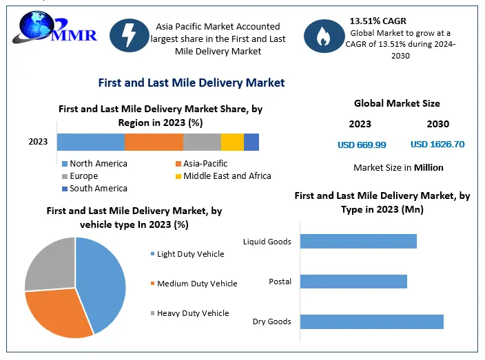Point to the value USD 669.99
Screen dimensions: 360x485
362,145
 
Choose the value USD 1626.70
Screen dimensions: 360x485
437,145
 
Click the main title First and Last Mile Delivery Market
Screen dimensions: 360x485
191,83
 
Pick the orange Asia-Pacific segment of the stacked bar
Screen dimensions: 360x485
154,142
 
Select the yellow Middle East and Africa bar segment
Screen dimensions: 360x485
232,142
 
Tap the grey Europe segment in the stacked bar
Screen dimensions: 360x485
202,142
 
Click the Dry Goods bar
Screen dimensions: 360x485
372,321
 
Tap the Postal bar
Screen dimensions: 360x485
353,282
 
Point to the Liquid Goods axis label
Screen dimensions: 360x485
267,242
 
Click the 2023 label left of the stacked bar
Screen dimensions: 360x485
38,142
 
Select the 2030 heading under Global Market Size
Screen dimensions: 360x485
437,125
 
